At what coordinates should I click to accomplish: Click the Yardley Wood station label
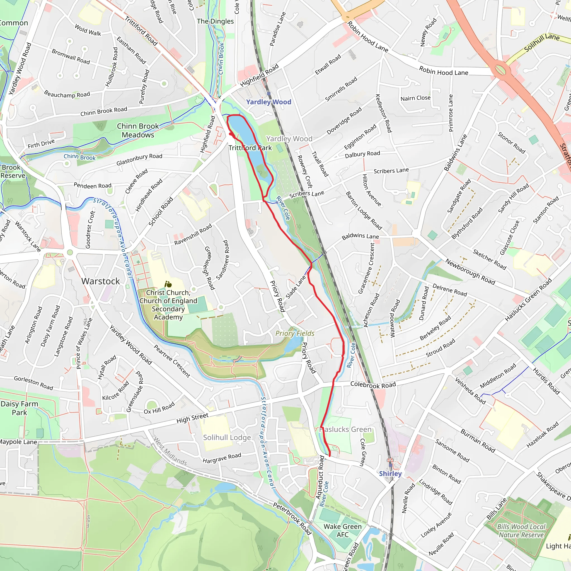[268, 102]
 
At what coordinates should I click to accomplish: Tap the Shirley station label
[390, 473]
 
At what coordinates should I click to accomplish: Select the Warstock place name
[100, 281]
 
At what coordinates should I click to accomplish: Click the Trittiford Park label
[250, 148]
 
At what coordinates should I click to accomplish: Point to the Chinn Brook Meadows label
[138, 130]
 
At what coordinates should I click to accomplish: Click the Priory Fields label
[295, 333]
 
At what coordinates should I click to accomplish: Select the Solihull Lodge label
[227, 437]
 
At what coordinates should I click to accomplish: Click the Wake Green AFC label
[342, 531]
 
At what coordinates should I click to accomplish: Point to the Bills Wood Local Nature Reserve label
[521, 531]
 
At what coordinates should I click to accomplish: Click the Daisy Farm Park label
[19, 408]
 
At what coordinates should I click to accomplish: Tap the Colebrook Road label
[373, 385]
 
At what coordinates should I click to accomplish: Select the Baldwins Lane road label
[360, 236]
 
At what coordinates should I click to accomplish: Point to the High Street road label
[192, 418]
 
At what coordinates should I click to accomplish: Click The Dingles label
[215, 21]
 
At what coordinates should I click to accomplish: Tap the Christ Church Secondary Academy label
[168, 305]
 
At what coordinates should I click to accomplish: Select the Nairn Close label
[415, 98]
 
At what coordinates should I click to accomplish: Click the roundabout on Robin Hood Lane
[500, 70]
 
